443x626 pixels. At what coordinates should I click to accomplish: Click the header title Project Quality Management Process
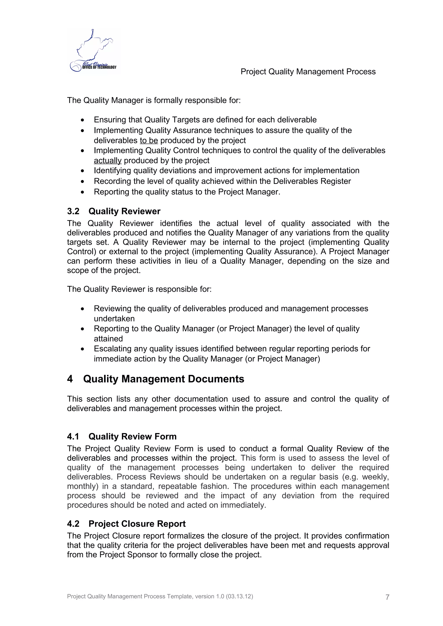point(308,72)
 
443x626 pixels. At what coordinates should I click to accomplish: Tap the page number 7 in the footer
point(387,597)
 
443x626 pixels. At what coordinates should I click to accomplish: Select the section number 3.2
point(73,211)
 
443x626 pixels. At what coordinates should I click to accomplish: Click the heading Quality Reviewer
point(124,211)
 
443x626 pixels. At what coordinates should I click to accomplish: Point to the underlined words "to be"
point(149,140)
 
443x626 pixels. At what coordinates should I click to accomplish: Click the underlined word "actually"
point(108,160)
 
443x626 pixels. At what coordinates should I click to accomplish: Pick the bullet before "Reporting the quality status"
point(83,192)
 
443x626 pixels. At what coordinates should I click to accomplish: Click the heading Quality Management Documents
point(164,379)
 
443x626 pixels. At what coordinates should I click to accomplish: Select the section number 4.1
point(73,437)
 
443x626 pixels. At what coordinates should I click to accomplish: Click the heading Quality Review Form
point(132,437)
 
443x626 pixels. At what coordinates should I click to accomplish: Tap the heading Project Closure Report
point(137,524)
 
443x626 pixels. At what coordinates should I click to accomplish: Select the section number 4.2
point(73,524)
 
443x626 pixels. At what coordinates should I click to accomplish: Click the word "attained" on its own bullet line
point(108,339)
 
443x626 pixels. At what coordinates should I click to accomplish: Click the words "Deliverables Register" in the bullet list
point(312,181)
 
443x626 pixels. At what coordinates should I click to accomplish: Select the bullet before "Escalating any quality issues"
point(83,349)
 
